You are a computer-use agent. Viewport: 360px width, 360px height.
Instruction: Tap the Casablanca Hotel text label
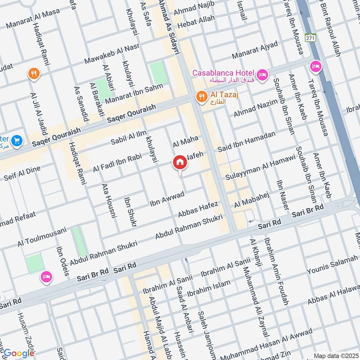click(224, 73)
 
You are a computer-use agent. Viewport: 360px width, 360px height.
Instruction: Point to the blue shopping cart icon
click(17, 141)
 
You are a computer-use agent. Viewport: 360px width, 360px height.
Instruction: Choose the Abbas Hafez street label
click(198, 209)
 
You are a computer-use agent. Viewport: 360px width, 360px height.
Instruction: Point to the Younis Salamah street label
click(332, 265)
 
